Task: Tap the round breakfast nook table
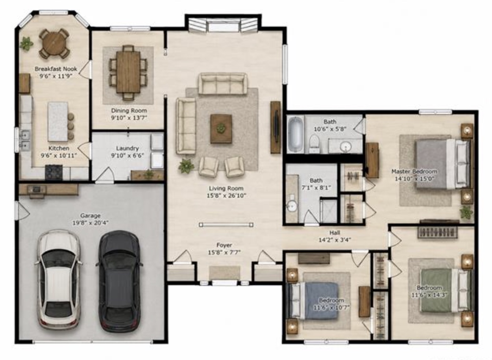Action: (x=54, y=44)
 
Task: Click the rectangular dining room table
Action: (x=128, y=72)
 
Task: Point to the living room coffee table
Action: (x=221, y=128)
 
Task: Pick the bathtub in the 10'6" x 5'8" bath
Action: (x=296, y=134)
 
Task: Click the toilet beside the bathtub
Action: (x=314, y=144)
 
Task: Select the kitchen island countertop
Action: (x=57, y=122)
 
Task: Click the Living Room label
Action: (x=226, y=188)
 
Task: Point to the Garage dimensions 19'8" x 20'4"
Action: (x=91, y=223)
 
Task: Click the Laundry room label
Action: (x=128, y=148)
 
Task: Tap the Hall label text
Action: (x=335, y=232)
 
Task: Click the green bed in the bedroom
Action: (x=446, y=290)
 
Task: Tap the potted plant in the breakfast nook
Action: (x=27, y=44)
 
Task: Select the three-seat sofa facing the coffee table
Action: (x=223, y=84)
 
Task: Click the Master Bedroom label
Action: (x=414, y=171)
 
